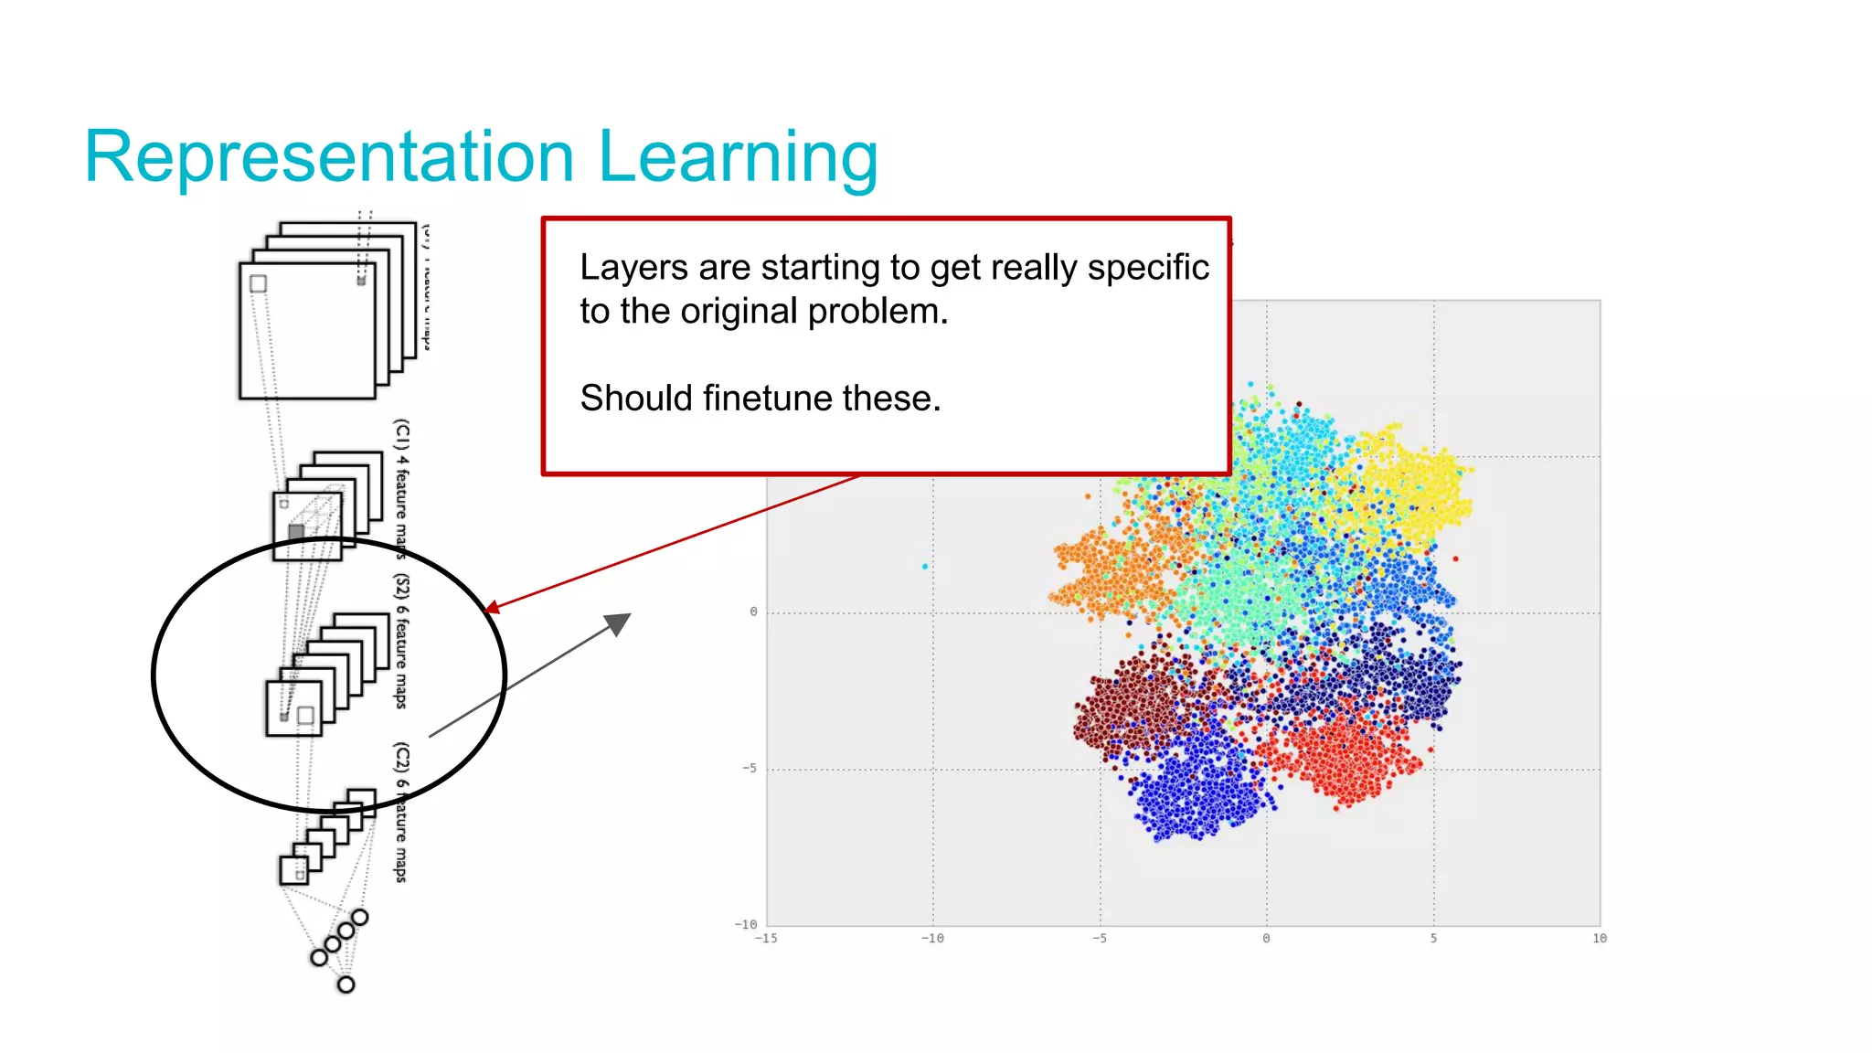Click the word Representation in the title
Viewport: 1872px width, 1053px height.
(329, 157)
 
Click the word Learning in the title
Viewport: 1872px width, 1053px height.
(738, 157)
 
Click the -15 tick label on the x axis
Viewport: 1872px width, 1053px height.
(766, 938)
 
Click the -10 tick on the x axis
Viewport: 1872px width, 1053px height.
(932, 938)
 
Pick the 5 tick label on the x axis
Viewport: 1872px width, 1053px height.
(1433, 938)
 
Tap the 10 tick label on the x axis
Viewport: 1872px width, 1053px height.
(1599, 938)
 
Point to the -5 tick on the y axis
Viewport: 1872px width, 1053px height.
(750, 768)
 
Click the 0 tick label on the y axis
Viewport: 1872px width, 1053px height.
(753, 612)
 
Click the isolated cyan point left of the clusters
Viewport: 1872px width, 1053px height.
(925, 567)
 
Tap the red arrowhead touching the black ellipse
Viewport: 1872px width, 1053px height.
(491, 608)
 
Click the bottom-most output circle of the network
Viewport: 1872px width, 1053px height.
(346, 984)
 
